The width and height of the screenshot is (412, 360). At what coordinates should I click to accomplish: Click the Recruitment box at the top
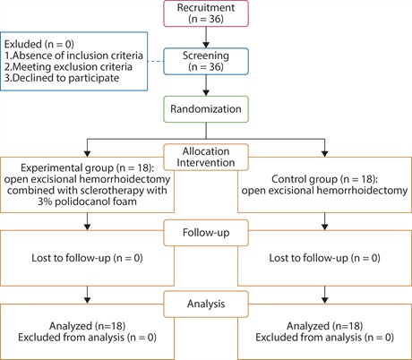206,13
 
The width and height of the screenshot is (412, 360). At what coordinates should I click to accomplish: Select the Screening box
206,61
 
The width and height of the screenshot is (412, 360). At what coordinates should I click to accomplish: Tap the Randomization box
206,109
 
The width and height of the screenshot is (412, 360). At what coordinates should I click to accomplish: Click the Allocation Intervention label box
206,157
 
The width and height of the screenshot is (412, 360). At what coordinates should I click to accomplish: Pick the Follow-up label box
206,233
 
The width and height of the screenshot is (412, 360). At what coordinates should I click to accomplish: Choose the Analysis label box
206,304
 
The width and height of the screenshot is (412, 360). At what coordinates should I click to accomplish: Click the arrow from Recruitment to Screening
206,38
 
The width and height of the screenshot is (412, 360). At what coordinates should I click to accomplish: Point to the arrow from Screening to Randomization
206,85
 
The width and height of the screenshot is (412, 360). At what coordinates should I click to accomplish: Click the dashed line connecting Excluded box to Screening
156,62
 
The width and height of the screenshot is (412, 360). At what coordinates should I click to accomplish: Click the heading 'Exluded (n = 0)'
39,44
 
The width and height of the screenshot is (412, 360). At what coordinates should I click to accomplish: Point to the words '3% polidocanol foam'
87,201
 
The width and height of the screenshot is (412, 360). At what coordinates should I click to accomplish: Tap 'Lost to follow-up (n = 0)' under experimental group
87,258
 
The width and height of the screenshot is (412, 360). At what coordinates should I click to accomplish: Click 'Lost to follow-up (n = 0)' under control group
324,258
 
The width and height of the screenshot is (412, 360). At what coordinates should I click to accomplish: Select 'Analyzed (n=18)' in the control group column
324,326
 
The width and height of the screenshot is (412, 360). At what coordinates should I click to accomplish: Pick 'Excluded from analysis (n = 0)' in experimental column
87,338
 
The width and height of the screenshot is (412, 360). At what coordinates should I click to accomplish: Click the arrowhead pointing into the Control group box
325,154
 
